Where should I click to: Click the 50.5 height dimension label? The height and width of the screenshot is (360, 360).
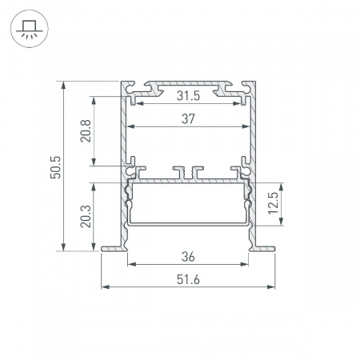[x=56, y=167]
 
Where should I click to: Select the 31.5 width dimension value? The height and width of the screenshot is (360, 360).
[x=188, y=96]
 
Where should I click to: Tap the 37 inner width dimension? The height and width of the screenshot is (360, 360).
[x=188, y=118]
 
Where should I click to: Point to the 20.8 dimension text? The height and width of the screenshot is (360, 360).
[x=86, y=131]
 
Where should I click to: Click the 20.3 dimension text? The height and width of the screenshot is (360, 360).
[x=86, y=216]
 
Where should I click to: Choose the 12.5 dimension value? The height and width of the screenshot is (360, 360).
[x=273, y=203]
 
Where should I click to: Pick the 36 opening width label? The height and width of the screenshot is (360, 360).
[x=188, y=257]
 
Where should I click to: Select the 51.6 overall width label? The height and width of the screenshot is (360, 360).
[x=188, y=280]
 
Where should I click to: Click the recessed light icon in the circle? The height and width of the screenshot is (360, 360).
[x=30, y=29]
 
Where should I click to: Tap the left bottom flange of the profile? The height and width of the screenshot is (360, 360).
[x=114, y=249]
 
